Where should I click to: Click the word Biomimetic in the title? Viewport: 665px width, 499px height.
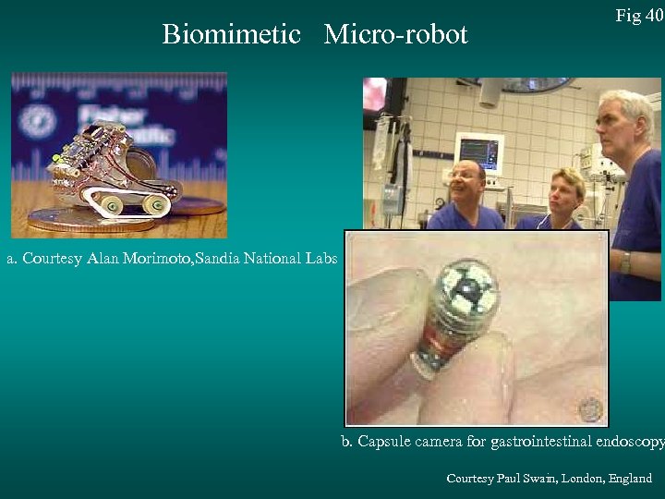(231, 35)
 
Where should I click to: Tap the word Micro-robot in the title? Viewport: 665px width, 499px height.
(396, 35)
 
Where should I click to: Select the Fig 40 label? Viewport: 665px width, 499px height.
(639, 16)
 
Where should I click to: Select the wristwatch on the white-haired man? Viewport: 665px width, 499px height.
(625, 262)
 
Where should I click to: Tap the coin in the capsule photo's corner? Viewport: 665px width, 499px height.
(589, 407)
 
